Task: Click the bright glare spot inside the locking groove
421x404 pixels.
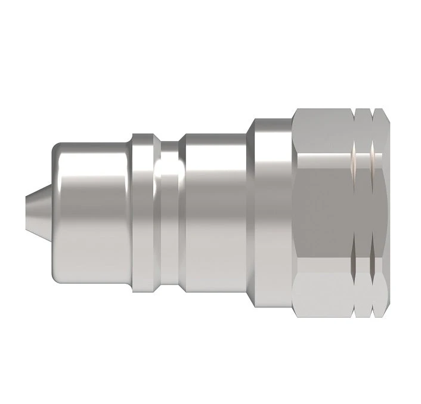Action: pyautogui.click(x=169, y=179)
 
